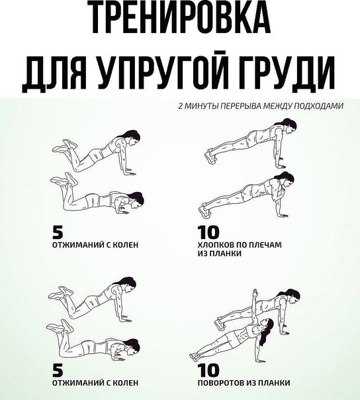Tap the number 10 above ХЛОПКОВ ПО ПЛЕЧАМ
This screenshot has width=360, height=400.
click(x=208, y=232)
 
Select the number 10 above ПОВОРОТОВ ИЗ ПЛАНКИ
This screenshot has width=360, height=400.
click(x=208, y=371)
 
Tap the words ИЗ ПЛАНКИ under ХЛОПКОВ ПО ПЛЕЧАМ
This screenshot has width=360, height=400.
click(x=219, y=254)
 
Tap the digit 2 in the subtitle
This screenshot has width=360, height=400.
click(x=180, y=106)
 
